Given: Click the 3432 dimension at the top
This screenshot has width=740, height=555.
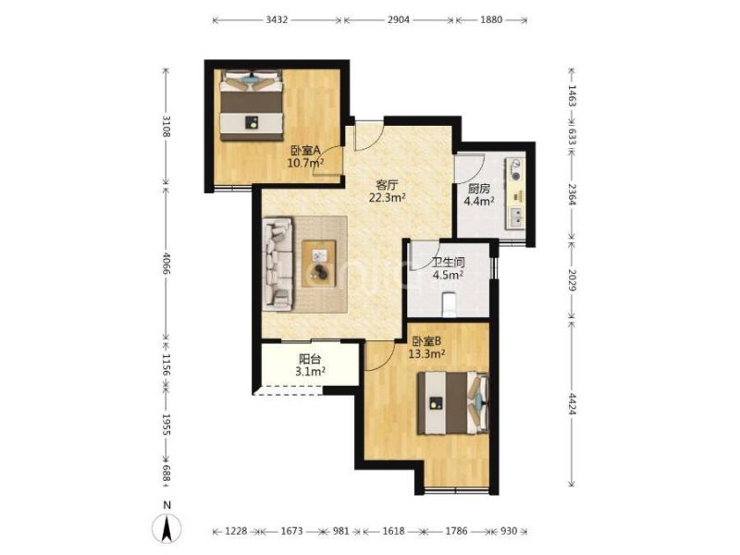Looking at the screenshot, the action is (x=277, y=19).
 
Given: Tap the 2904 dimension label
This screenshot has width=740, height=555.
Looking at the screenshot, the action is (x=399, y=19).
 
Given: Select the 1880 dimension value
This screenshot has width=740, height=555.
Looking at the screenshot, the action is (x=491, y=19).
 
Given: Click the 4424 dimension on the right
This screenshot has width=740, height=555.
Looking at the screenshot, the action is (x=572, y=403).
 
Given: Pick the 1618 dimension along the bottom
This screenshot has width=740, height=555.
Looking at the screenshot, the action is (x=393, y=531).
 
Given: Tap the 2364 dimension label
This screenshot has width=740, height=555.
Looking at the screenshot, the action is (x=572, y=194).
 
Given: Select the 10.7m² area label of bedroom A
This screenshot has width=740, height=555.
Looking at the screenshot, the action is (x=306, y=164).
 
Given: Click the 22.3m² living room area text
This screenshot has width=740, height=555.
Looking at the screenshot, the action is (x=388, y=198).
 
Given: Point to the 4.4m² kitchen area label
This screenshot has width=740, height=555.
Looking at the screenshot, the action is (x=479, y=202).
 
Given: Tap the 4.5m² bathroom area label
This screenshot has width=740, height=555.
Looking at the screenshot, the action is (x=448, y=275).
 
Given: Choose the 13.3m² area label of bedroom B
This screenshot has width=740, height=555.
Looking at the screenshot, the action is (x=426, y=353).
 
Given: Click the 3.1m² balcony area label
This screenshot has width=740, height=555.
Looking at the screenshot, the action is (x=310, y=372).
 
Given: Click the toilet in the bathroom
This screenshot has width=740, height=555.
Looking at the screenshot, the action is (x=449, y=304).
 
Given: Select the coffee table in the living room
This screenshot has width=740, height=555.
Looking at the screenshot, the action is (x=319, y=264).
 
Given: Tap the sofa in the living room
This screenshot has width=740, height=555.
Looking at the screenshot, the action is (x=277, y=264).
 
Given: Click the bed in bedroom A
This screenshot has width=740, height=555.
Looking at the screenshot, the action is (x=252, y=105).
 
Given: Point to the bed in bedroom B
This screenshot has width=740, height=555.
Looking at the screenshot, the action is (x=453, y=402).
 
